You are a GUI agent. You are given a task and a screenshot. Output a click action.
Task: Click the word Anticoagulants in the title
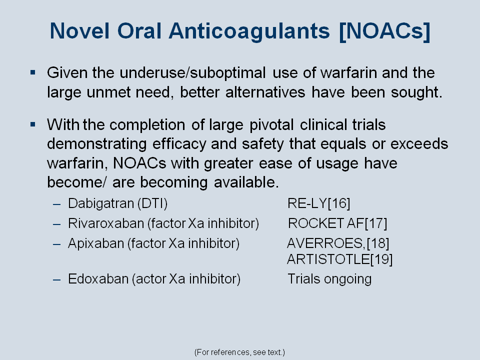pyautogui.click(x=249, y=31)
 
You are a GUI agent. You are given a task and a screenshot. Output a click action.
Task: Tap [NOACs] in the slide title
pyautogui.click(x=385, y=31)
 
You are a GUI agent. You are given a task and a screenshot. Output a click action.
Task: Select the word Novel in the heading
pyautogui.click(x=79, y=30)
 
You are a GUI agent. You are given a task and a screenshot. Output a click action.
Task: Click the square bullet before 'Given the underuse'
pyautogui.click(x=33, y=72)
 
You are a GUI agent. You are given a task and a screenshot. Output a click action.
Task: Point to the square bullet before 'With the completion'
pyautogui.click(x=33, y=124)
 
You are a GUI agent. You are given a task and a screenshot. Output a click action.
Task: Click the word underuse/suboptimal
pyautogui.click(x=192, y=73)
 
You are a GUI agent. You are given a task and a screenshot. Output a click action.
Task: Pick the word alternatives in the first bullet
pyautogui.click(x=265, y=92)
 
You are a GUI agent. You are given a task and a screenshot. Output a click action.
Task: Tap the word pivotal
pyautogui.click(x=271, y=125)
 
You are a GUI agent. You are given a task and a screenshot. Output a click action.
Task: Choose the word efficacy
pyautogui.click(x=179, y=144)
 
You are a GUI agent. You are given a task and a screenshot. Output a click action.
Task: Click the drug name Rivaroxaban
pyautogui.click(x=106, y=223)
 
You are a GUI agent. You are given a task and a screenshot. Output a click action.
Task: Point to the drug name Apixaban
pyautogui.click(x=96, y=243)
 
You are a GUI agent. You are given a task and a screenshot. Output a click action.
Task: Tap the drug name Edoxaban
pyautogui.click(x=98, y=279)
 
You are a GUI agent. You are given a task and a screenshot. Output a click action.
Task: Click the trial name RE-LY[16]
pyautogui.click(x=318, y=203)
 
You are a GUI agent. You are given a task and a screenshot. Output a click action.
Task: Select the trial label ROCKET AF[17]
pyautogui.click(x=337, y=223)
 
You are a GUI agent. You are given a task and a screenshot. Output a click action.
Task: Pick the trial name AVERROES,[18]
pyautogui.click(x=338, y=243)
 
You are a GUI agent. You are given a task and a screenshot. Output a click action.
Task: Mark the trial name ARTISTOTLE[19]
pyautogui.click(x=340, y=259)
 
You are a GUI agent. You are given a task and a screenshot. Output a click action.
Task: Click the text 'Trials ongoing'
pyautogui.click(x=329, y=279)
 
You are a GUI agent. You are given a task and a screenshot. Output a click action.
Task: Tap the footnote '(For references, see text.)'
pyautogui.click(x=239, y=352)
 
